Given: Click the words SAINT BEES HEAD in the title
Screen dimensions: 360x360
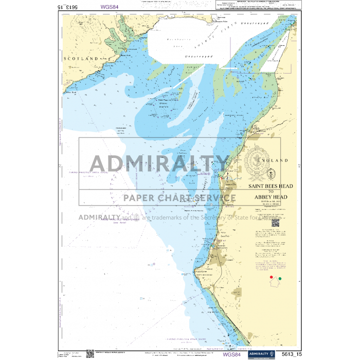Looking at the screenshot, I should coord(271,189).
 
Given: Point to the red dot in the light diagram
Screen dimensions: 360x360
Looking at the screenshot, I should coord(272,277).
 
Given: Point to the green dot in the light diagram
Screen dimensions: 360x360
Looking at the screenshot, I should coord(280,279).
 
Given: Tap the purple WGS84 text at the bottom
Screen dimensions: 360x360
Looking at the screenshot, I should coord(232,354).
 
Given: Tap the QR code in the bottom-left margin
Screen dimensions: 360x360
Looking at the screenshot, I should coord(89,353).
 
